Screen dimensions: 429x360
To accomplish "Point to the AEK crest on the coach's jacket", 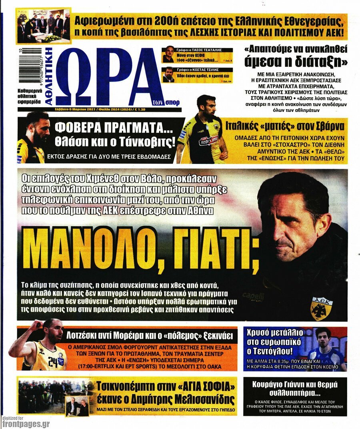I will pos(322,308).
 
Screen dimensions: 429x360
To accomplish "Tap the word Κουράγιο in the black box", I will pos(271,385).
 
